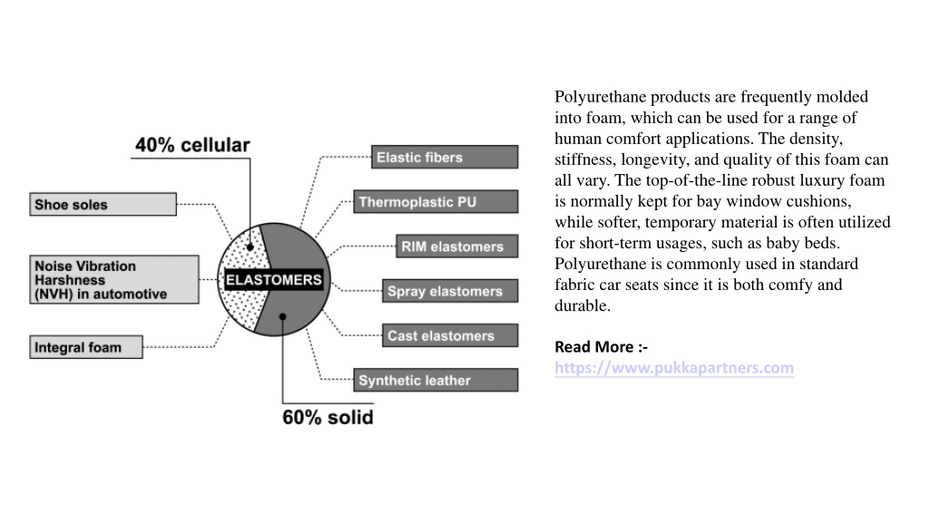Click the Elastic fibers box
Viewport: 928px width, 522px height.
pos(444,157)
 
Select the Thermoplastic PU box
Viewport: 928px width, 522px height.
pos(436,202)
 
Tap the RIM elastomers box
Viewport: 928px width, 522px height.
pos(457,246)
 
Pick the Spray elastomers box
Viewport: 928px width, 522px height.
pos(449,291)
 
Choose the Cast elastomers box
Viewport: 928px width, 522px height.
pos(449,335)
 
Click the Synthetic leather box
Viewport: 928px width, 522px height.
pos(436,380)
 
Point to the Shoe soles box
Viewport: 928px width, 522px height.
pos(103,204)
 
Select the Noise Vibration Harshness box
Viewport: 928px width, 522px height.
pos(114,280)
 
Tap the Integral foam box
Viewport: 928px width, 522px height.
pos(86,347)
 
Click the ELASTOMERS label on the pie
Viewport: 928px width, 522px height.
pos(274,280)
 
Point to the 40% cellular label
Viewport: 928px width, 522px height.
pos(192,145)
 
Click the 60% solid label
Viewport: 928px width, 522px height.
pos(328,417)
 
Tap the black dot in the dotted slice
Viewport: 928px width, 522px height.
pos(250,247)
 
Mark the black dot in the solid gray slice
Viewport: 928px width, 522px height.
pos(283,316)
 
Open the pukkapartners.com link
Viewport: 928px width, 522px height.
pos(674,368)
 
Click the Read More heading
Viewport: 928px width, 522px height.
pos(601,347)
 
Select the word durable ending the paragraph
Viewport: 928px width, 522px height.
pos(583,305)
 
